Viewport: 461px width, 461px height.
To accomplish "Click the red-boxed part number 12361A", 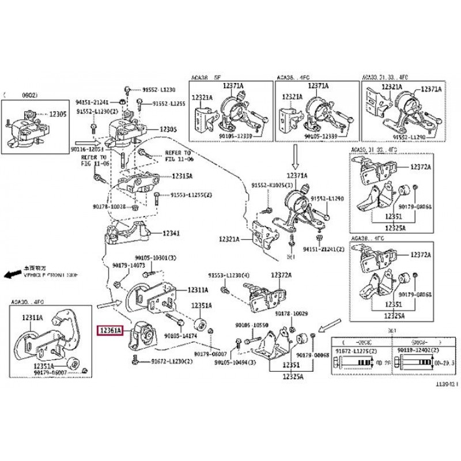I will pos(110,331).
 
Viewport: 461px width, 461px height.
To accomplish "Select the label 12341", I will pos(171,234).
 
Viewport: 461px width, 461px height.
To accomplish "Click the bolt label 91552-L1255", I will pos(169,104).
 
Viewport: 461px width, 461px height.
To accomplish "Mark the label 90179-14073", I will pos(127,265).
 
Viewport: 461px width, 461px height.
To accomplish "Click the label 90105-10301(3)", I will pos(156,257).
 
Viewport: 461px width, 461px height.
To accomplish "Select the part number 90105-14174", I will pos(181,335).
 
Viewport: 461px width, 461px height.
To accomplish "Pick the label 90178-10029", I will pos(292,313).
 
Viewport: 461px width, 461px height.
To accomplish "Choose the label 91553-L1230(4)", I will pos(229,275).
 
